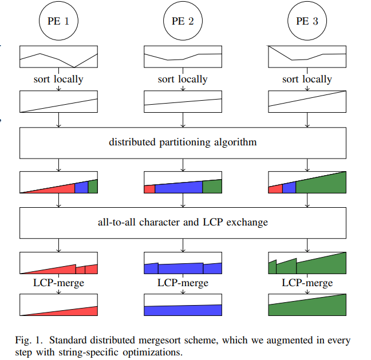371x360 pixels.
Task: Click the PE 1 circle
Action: [x=58, y=22]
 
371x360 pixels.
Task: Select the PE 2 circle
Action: [x=183, y=22]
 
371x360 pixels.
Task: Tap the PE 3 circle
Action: [x=307, y=22]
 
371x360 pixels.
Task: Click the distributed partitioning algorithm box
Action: [x=183, y=142]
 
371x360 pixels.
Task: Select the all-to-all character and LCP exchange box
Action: [x=183, y=221]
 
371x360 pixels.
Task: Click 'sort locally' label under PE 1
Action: [x=58, y=80]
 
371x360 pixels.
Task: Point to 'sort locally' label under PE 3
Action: [x=307, y=80]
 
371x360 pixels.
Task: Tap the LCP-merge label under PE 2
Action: [x=183, y=283]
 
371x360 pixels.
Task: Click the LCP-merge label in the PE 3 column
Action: [x=307, y=283]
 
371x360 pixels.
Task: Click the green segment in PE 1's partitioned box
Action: [x=93, y=187]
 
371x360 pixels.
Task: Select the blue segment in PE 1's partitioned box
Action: [x=81, y=188]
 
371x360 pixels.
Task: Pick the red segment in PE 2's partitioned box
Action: [x=149, y=189]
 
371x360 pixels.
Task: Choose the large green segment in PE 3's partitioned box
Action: [x=323, y=185]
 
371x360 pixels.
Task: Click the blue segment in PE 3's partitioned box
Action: [x=289, y=188]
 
